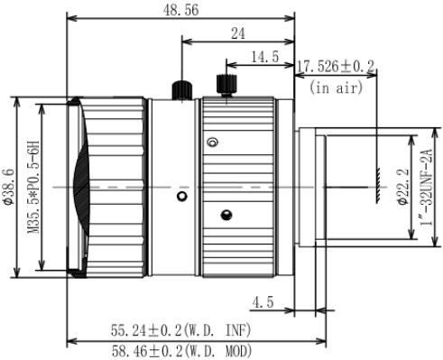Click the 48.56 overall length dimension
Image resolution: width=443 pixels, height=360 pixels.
coord(180,10)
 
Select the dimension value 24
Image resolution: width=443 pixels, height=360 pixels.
coord(238,33)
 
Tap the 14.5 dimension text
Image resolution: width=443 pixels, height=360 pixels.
coord(265,57)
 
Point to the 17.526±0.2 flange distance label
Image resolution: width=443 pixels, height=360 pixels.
coord(336,66)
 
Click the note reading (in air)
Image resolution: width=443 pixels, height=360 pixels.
coord(336,88)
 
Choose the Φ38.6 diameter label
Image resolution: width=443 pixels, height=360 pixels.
coord(9,187)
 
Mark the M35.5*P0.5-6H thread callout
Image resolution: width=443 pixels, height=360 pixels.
coord(33,187)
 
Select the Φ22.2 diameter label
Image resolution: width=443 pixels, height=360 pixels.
coord(403,187)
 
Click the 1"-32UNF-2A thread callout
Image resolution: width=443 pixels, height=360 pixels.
coord(427,187)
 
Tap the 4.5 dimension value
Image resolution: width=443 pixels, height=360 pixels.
coord(263,302)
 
